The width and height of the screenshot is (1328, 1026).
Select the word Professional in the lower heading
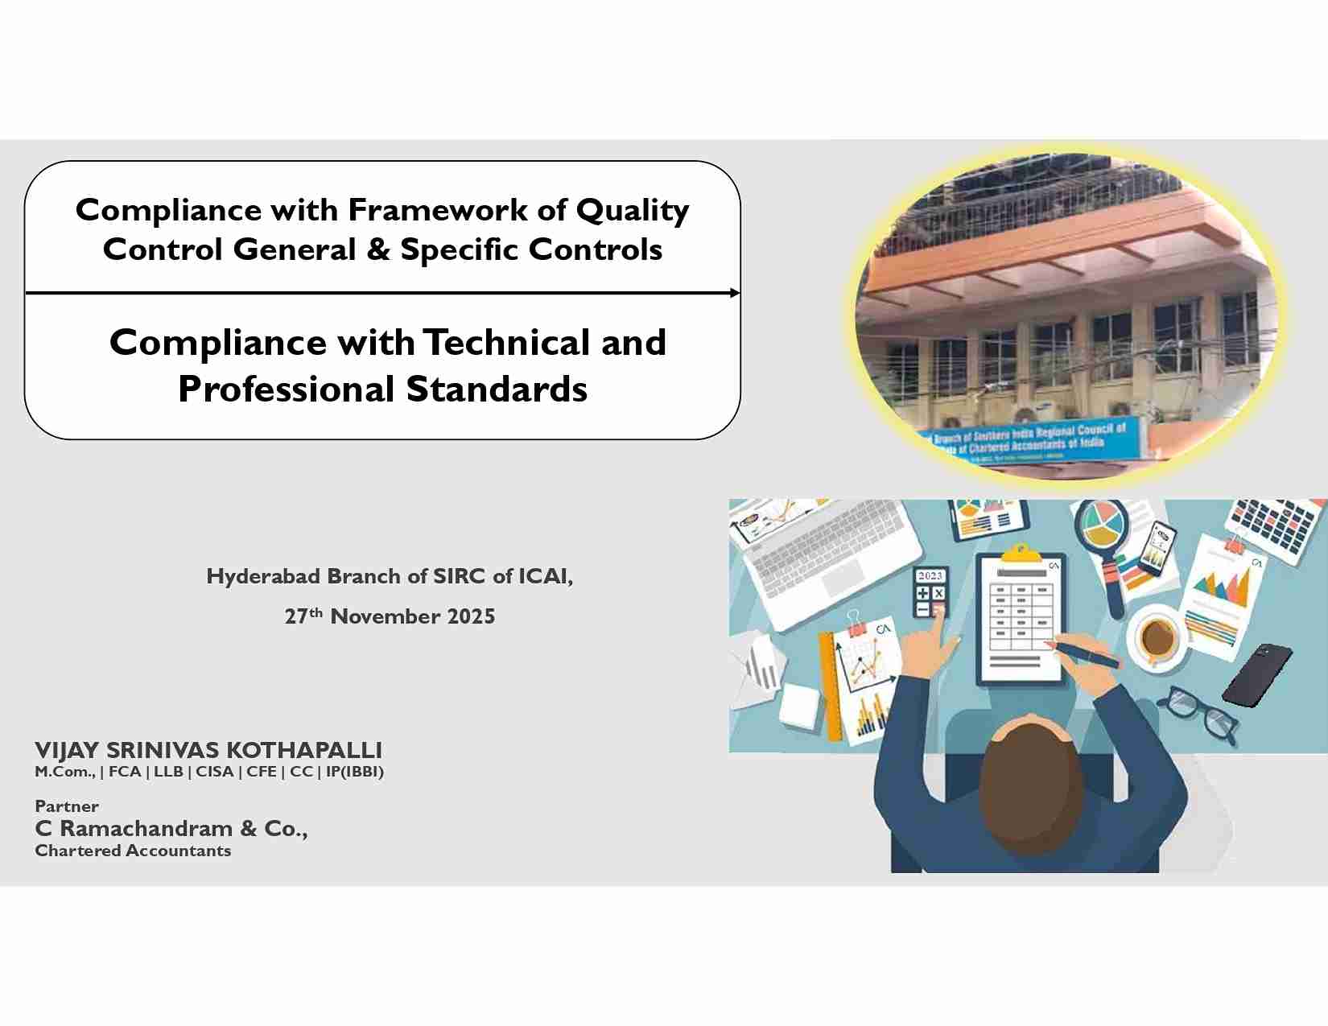pyautogui.click(x=287, y=389)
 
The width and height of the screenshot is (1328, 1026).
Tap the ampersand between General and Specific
pyautogui.click(x=377, y=249)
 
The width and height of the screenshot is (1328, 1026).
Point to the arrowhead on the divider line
pyautogui.click(x=734, y=293)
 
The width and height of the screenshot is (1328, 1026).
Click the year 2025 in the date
pyautogui.click(x=471, y=617)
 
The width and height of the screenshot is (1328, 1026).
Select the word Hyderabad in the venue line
pyautogui.click(x=263, y=576)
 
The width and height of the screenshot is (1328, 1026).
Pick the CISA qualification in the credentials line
pyautogui.click(x=214, y=772)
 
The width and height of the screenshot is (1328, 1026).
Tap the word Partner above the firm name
pyautogui.click(x=67, y=806)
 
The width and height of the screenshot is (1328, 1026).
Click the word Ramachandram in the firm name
pyautogui.click(x=146, y=828)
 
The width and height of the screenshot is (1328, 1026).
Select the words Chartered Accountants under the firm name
pyautogui.click(x=133, y=851)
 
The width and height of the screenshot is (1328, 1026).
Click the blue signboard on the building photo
pyautogui.click(x=1038, y=442)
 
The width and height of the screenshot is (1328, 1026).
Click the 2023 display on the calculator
pyautogui.click(x=930, y=575)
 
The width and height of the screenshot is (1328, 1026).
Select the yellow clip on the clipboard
pyautogui.click(x=1021, y=553)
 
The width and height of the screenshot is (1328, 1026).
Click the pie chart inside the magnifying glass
pyautogui.click(x=1102, y=523)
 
